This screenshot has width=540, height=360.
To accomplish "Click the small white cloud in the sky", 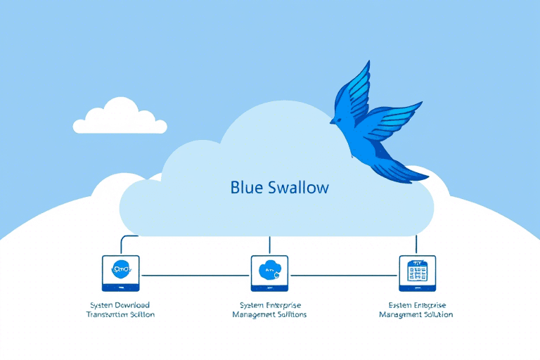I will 120,118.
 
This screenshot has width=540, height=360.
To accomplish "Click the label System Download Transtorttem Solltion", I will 120,309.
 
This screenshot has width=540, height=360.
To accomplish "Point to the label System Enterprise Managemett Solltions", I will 269,309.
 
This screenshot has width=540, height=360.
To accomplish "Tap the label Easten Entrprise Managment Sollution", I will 416,309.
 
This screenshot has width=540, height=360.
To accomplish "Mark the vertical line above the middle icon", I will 269,245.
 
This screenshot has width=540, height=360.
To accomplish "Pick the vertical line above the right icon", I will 417,245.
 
